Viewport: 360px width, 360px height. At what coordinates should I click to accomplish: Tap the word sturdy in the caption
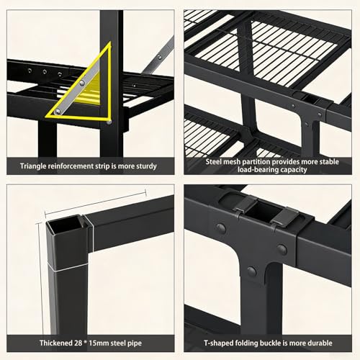[x=146, y=166]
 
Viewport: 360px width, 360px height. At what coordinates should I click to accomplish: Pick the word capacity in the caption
[x=294, y=170]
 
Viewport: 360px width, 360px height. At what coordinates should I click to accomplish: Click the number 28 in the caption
[x=78, y=343]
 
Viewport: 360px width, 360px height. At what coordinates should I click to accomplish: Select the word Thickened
[x=56, y=343]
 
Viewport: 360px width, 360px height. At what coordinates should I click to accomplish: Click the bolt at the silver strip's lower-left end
[x=58, y=112]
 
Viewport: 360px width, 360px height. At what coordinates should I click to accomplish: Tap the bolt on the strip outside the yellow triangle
[x=159, y=57]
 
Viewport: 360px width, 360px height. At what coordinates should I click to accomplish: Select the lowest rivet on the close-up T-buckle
[x=251, y=271]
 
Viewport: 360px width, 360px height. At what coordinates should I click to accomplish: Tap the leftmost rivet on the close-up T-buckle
[x=221, y=228]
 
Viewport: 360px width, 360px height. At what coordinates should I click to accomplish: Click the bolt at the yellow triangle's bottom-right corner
[x=109, y=122]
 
